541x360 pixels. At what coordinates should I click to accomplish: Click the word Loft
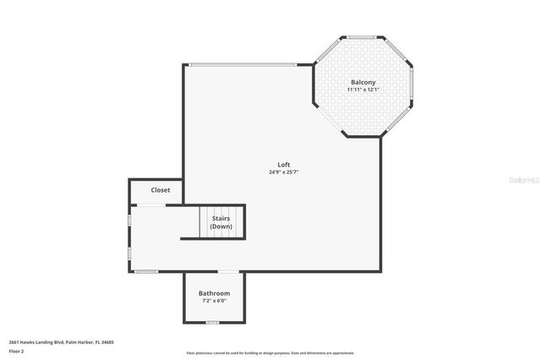284,164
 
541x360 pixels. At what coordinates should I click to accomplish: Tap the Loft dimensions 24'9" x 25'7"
284,172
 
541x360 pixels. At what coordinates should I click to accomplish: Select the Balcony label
363,82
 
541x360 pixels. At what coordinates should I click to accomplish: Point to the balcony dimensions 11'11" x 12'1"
363,90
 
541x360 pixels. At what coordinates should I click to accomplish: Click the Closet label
161,190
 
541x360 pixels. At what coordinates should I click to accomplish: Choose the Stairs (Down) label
221,222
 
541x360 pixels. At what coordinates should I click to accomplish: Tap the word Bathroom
214,293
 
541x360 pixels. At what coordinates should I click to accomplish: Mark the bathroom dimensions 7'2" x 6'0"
214,301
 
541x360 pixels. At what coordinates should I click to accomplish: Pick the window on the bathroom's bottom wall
213,323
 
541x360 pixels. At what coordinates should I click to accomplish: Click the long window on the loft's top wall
242,65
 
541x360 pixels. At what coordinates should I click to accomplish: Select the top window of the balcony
363,37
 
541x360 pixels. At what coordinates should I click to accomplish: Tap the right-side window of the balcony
412,86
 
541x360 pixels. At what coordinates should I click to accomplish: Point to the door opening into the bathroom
228,271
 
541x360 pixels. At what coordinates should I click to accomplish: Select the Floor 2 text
17,351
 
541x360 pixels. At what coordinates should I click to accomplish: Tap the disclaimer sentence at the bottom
270,353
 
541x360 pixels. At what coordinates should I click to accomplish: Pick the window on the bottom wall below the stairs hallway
147,271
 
